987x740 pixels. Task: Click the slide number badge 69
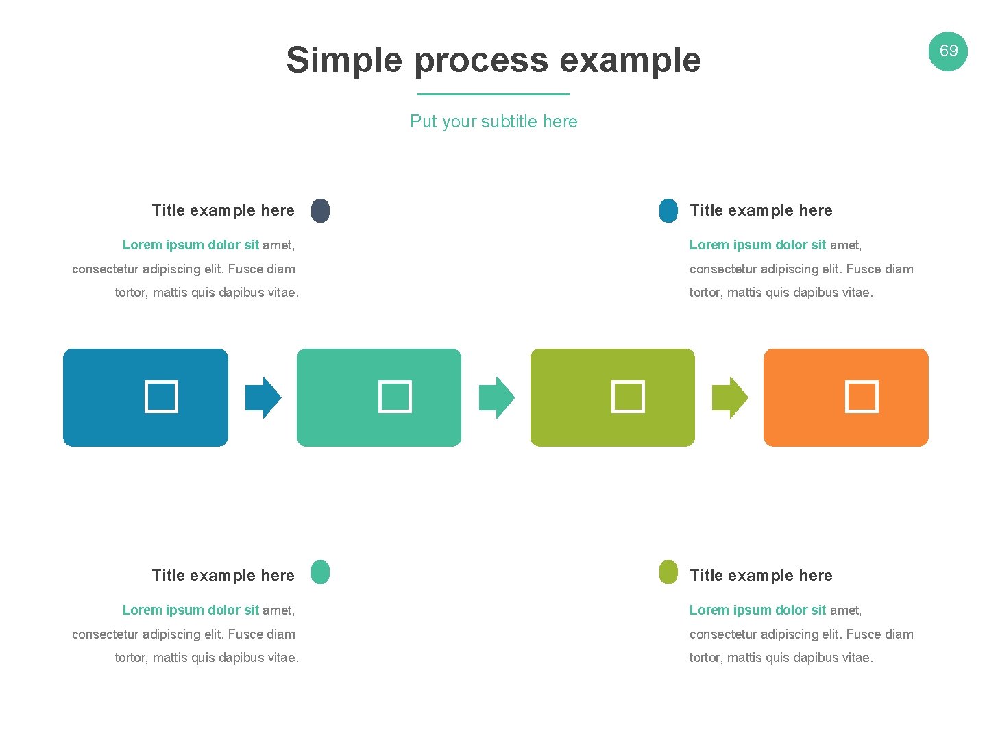948,51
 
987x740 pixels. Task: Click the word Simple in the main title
344,60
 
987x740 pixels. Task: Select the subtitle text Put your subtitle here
493,121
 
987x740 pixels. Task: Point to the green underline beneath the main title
493,94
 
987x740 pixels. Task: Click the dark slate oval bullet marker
320,210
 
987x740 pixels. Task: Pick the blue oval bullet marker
668,210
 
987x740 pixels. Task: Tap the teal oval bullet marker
320,572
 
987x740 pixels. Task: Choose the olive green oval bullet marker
668,572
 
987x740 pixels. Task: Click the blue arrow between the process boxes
263,397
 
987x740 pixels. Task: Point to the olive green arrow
730,397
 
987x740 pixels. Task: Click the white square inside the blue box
161,397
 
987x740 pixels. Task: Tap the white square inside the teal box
395,397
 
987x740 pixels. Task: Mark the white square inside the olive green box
628,397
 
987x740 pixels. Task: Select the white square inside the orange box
862,397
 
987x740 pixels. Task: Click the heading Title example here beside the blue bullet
761,210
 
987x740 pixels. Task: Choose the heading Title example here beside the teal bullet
223,576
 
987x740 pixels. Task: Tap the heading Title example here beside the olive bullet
761,576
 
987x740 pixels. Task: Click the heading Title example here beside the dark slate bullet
223,210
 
